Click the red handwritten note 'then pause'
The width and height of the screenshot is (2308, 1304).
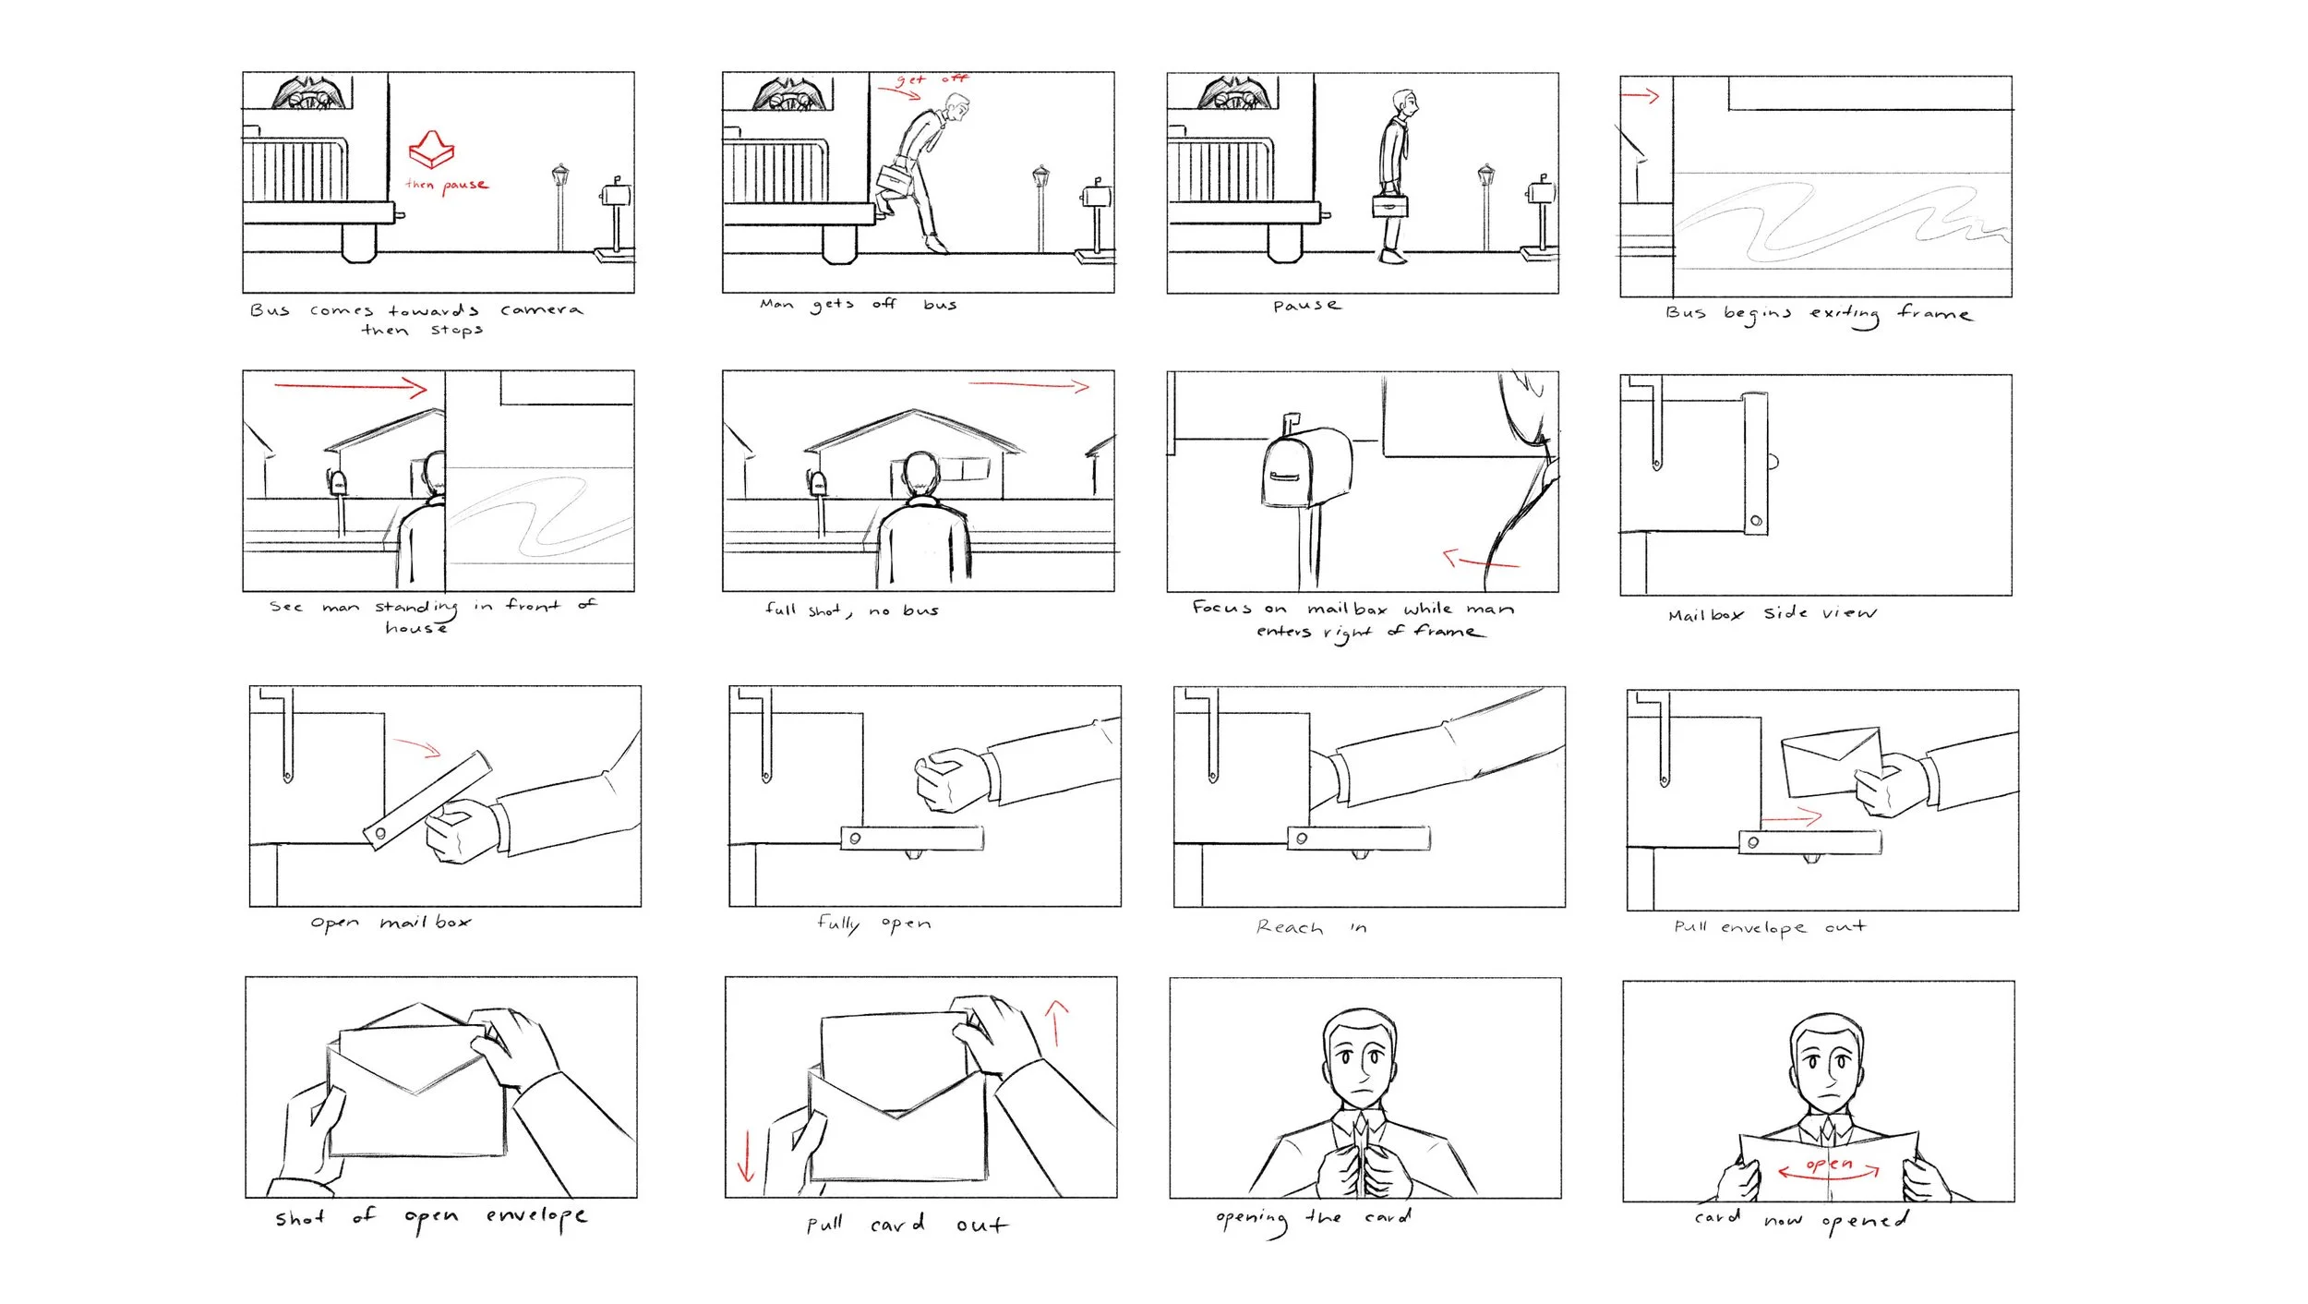(x=447, y=185)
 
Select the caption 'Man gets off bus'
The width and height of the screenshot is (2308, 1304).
(x=859, y=304)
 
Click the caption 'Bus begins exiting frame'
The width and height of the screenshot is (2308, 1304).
(x=1819, y=314)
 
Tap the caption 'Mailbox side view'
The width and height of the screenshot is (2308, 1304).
(x=1773, y=613)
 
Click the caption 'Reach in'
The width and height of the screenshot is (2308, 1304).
(x=1311, y=927)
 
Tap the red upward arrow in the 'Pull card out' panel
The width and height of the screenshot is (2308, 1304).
(x=1057, y=1023)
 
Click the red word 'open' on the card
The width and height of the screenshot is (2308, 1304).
(x=1828, y=1164)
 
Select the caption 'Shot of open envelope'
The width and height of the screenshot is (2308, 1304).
(x=431, y=1218)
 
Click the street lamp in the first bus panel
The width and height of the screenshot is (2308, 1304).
(x=560, y=207)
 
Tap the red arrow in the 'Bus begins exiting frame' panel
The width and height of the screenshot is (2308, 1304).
(x=1641, y=95)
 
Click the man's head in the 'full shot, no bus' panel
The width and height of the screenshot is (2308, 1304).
(x=920, y=475)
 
